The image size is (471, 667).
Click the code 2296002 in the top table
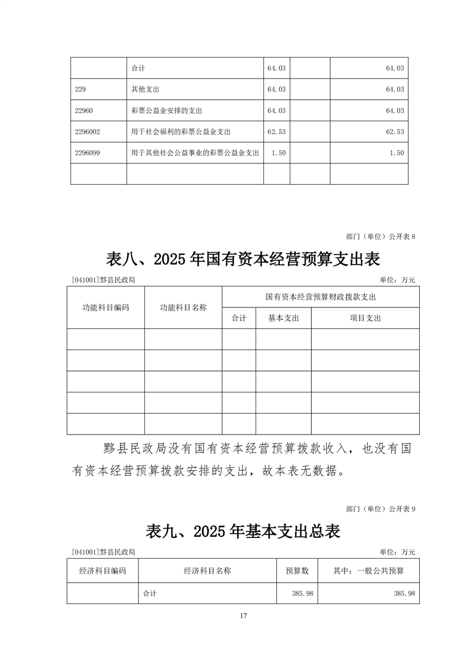coord(88,131)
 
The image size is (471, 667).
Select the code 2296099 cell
coord(88,153)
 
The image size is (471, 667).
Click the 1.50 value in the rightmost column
coord(397,153)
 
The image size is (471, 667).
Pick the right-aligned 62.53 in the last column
coord(395,131)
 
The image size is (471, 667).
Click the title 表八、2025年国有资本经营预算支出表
coord(243,259)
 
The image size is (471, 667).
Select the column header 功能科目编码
coord(105,307)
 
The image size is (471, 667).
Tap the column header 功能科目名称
coord(183,307)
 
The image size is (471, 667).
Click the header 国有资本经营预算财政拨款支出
coord(321,296)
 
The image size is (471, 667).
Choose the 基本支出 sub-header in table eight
coord(283,318)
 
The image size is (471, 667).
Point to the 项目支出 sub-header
coord(365,318)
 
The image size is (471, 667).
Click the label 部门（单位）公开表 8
coord(380,236)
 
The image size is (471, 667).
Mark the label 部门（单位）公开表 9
coord(380,508)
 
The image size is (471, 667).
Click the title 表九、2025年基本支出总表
coord(243,531)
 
